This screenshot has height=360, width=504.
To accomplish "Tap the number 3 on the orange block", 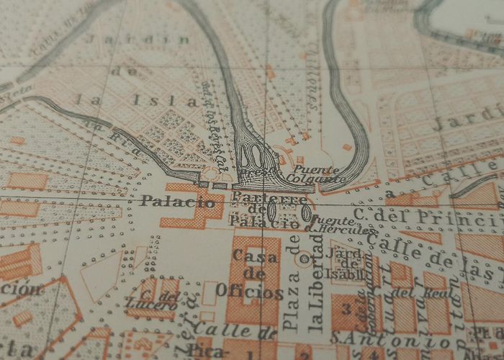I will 347,310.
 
